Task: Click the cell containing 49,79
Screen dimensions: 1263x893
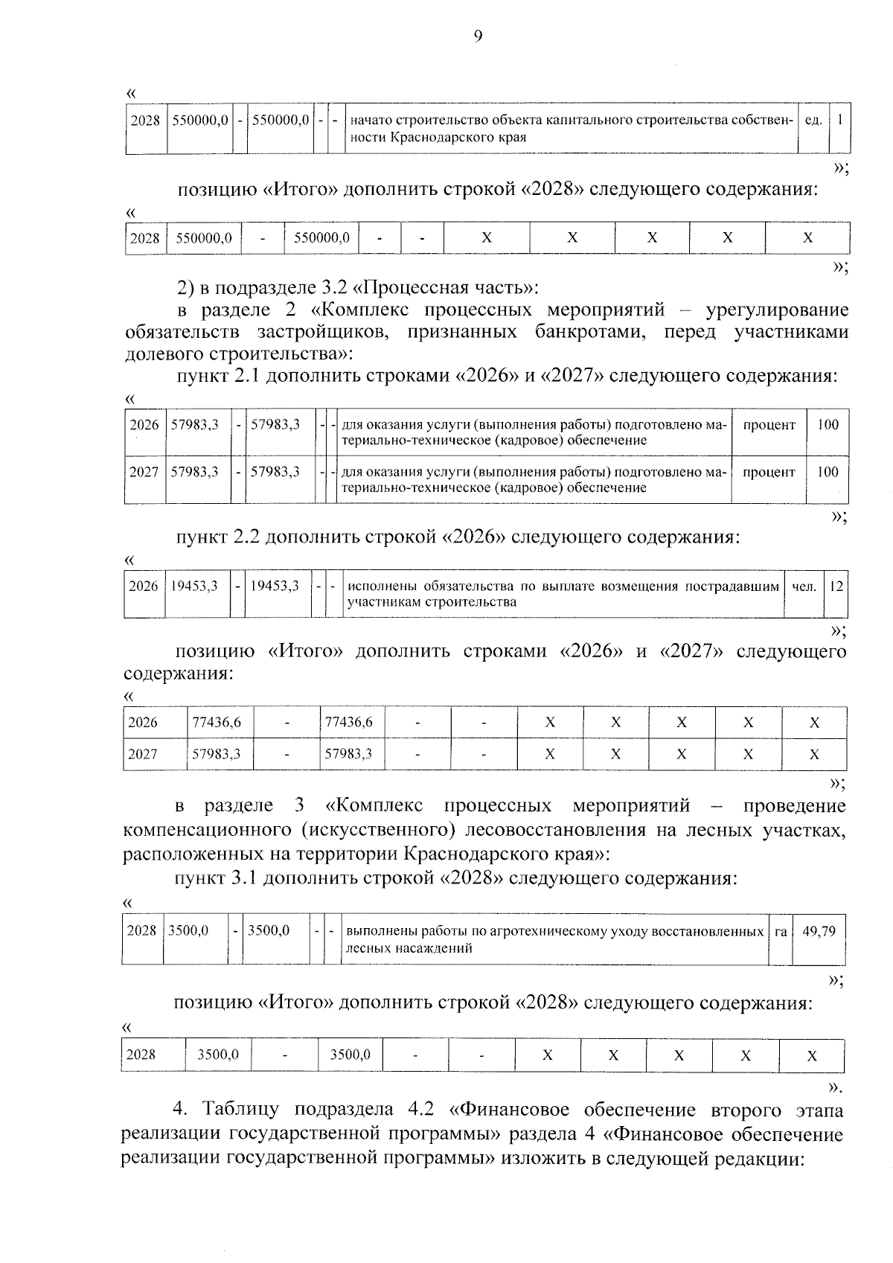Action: tap(819, 931)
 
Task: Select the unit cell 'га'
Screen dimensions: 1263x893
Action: tap(781, 931)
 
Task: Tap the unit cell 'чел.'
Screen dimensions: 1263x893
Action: tap(804, 586)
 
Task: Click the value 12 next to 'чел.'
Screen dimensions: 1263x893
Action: tap(836, 586)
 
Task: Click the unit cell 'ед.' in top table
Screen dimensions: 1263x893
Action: tap(813, 120)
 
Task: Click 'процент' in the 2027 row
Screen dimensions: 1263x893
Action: tap(769, 473)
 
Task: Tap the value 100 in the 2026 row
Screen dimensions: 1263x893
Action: tap(828, 425)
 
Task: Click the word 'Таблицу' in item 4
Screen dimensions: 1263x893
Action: tap(247, 1110)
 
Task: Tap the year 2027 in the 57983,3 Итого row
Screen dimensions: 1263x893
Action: tap(143, 754)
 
